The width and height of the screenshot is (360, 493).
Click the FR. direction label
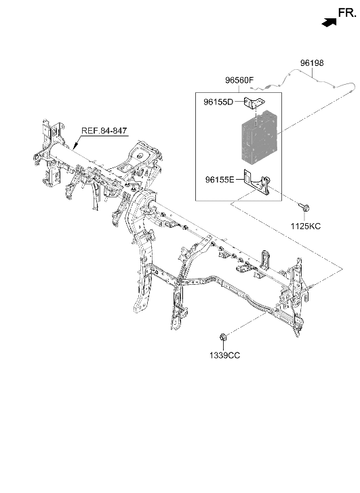[347, 13]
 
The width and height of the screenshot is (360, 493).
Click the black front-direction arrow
[329, 22]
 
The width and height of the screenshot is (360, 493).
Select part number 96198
[312, 63]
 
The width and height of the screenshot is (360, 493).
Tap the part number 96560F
[239, 81]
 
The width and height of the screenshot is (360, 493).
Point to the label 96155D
[218, 102]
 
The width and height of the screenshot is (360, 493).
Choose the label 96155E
[220, 180]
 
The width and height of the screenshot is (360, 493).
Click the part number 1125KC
[306, 226]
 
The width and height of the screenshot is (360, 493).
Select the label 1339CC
[224, 355]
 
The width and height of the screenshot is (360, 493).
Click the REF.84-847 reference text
[104, 130]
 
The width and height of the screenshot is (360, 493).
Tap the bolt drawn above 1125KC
[304, 207]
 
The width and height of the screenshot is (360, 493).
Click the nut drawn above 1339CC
[222, 337]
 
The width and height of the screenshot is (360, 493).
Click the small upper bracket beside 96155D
[254, 102]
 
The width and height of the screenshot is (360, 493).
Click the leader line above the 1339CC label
[223, 346]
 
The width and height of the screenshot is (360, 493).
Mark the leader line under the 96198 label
[312, 73]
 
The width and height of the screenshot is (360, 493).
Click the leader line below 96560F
[239, 89]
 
